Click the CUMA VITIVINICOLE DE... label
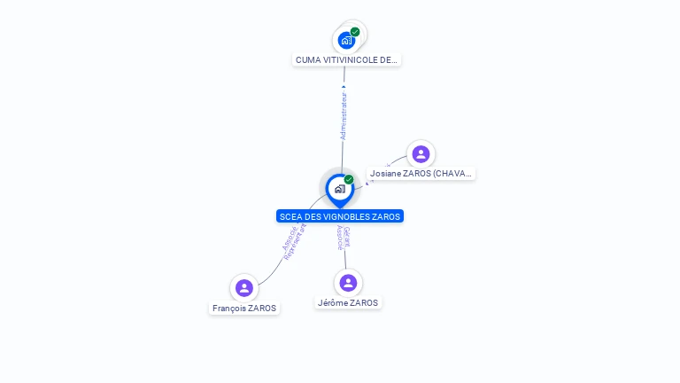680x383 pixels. point(347,59)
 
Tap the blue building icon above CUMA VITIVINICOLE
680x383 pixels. point(346,40)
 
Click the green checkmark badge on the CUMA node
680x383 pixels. point(355,32)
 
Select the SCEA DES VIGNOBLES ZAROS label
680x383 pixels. point(340,216)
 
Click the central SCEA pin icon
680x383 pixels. point(339,189)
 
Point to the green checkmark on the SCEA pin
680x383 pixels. point(349,179)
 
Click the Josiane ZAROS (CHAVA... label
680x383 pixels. point(421,174)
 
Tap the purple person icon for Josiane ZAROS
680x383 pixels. point(421,153)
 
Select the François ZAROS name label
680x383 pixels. point(244,309)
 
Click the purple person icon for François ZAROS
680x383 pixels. point(244,288)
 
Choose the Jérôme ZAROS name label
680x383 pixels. point(348,303)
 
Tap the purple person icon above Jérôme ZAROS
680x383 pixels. point(348,283)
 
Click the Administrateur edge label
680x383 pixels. point(344,115)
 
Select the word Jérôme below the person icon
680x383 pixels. point(332,303)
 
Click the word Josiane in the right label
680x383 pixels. point(385,174)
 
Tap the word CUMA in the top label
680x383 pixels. point(307,59)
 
